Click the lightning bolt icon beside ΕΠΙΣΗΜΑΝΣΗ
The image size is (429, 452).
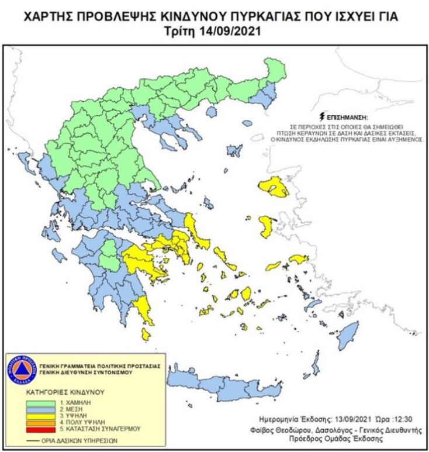pos(321,117)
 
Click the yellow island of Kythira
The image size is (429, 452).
pos(146,334)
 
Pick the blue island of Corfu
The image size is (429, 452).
pos(24,160)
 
